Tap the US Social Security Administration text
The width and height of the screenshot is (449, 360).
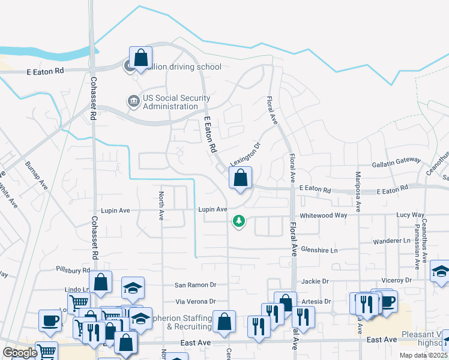coord(176,103)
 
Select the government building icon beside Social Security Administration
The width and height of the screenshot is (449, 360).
coord(132,101)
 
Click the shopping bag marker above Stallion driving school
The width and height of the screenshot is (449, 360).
coord(140,58)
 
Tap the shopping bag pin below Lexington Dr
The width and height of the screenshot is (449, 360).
coord(240,178)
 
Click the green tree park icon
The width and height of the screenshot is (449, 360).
coord(239,221)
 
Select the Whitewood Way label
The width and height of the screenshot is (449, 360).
coord(324,215)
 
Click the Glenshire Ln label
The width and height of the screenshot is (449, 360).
coord(319,249)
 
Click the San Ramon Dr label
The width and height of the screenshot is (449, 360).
coord(195,285)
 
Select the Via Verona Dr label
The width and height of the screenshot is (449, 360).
coord(195,301)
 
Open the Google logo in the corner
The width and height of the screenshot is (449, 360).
coord(20,353)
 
